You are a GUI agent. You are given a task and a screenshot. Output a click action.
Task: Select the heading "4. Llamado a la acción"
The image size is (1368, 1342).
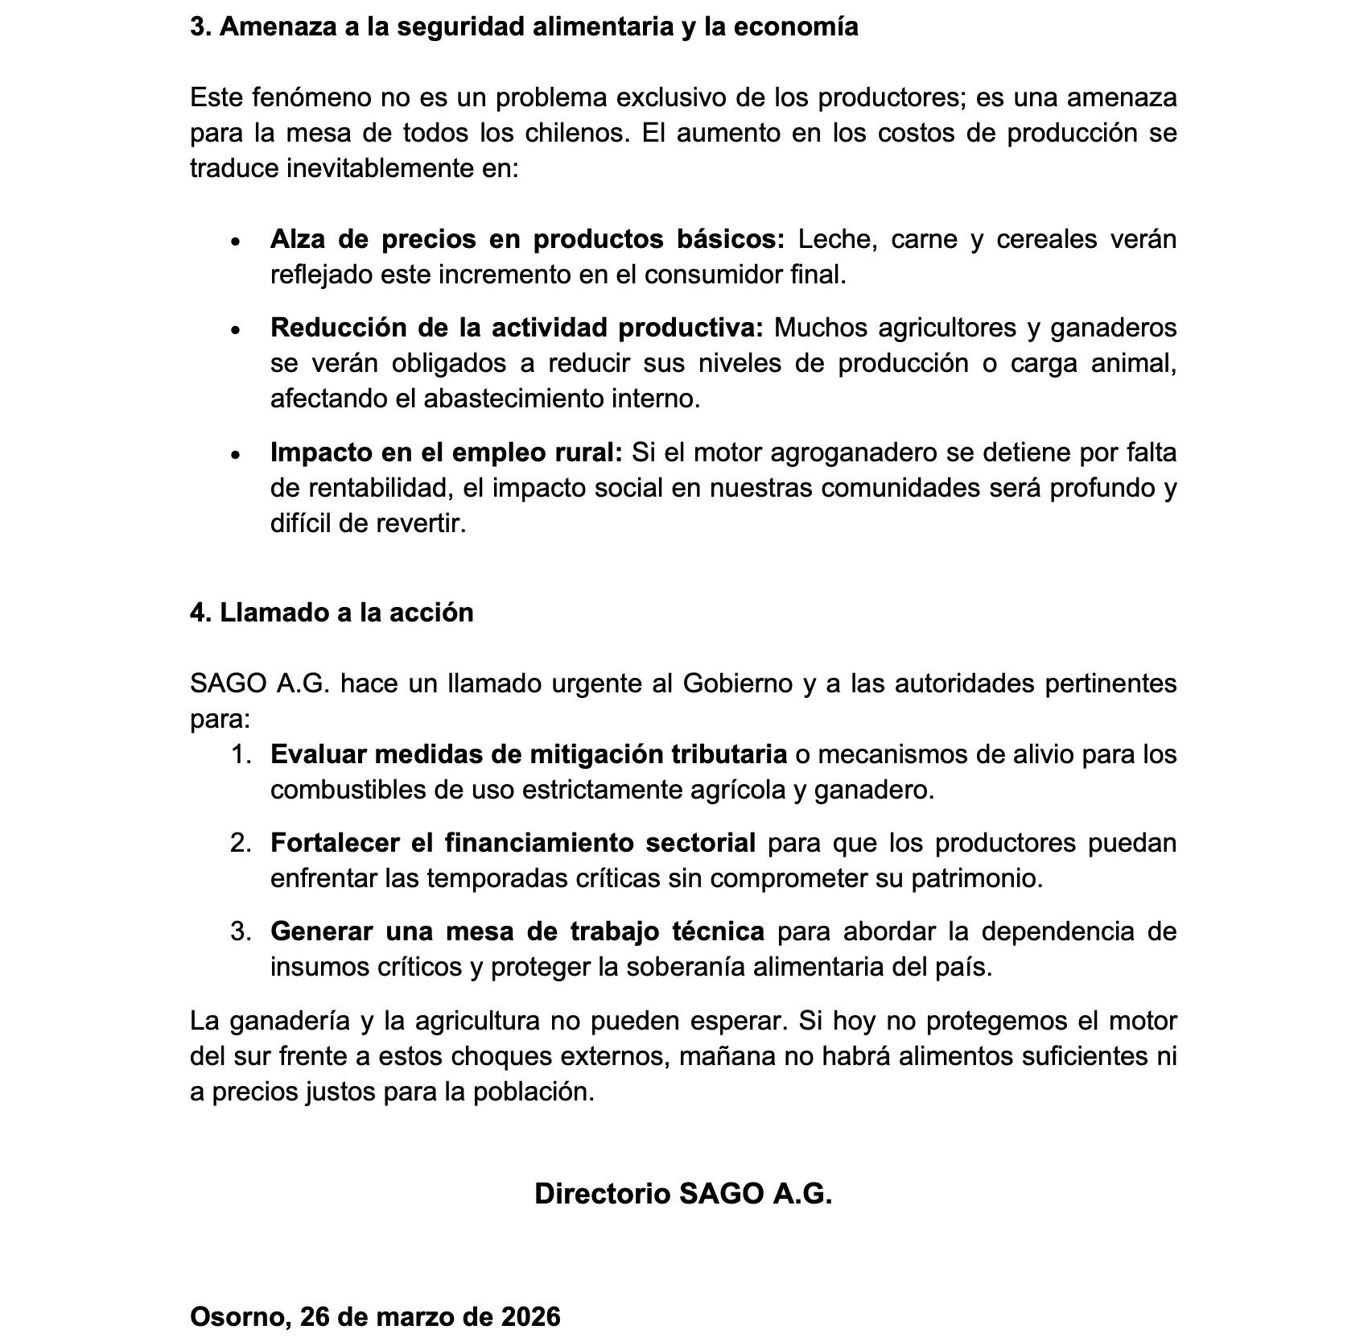coord(332,613)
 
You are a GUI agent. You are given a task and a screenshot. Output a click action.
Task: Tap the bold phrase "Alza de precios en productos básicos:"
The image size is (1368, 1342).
coord(527,239)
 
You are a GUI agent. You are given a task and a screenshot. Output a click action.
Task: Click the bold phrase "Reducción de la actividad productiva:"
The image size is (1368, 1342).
coord(517,328)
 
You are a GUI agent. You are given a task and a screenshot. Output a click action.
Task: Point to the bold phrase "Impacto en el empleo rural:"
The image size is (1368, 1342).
coord(447,452)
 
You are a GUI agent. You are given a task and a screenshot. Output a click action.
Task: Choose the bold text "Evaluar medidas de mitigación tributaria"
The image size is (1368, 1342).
coord(529,754)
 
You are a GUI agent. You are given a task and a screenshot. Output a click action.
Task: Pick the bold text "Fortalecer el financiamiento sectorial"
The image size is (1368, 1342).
coord(513,843)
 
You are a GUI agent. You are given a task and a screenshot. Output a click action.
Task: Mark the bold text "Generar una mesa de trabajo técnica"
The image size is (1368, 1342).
coord(517,931)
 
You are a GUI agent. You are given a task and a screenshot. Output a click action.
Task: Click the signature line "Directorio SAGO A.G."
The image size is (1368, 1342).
coord(683,1193)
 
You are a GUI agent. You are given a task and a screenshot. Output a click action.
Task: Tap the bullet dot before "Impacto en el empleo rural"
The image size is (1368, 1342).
coord(235,454)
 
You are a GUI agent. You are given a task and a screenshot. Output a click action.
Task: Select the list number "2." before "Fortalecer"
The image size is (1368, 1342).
coord(241,843)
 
